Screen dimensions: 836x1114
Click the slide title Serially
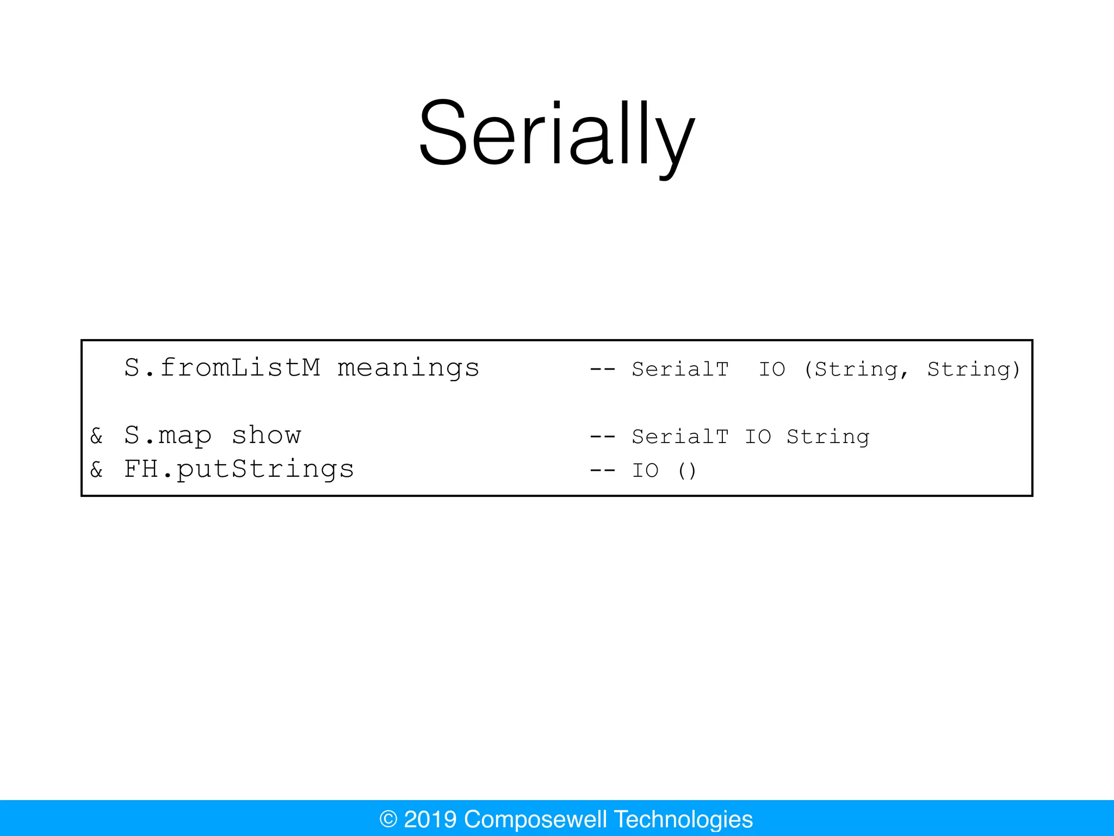557,133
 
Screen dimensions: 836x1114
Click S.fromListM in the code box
222,367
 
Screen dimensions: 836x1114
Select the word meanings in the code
408,368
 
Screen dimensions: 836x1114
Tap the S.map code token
168,435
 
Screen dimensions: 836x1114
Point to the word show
266,435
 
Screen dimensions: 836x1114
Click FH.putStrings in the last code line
239,469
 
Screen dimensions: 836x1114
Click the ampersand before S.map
97,436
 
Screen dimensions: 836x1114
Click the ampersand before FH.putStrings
97,470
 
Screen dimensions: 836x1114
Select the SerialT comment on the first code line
680,369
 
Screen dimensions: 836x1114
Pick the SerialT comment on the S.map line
680,437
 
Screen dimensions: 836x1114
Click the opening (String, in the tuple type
856,369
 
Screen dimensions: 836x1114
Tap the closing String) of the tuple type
974,369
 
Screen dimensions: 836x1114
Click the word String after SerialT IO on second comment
828,437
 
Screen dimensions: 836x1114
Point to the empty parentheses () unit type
687,470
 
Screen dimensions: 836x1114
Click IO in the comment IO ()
645,470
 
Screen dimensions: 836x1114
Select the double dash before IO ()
603,470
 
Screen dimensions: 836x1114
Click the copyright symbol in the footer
388,819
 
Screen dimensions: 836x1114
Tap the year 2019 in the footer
430,819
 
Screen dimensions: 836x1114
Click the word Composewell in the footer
535,819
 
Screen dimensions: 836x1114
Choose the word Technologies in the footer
683,819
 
